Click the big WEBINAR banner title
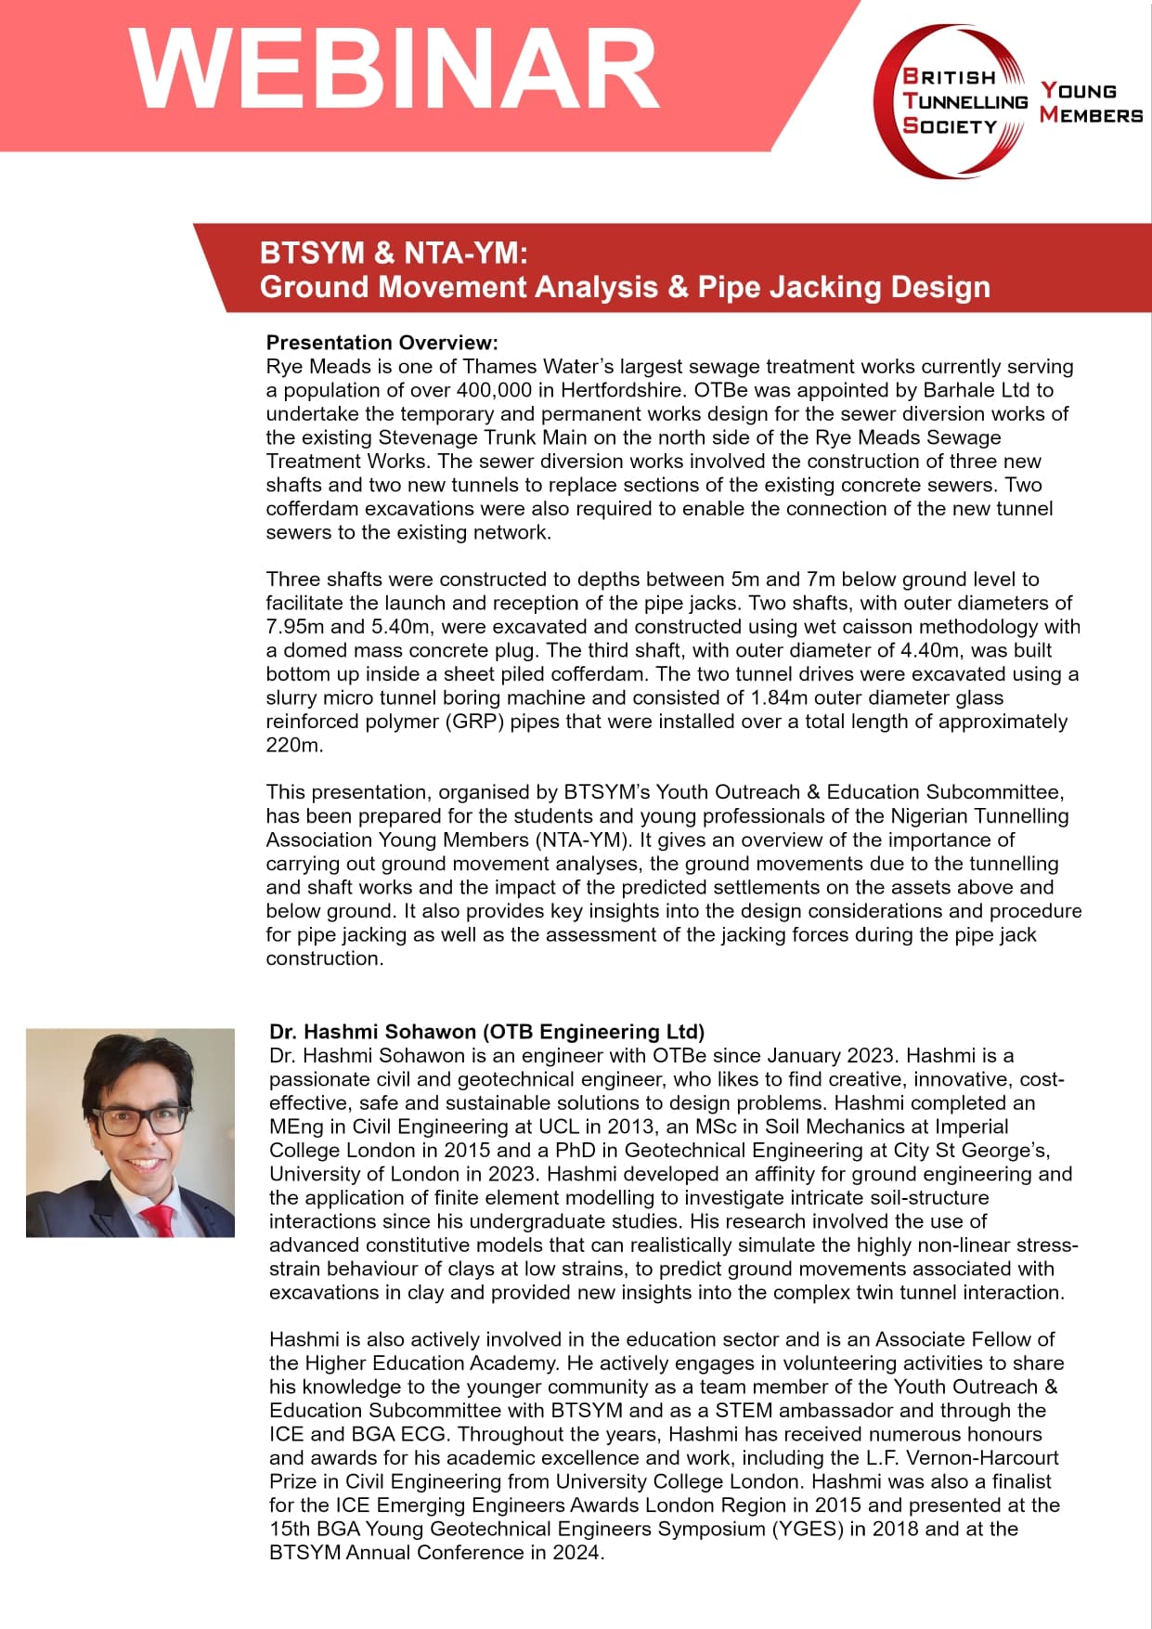coord(395,70)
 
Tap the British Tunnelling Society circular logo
coord(951,100)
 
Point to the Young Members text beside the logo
coord(1090,103)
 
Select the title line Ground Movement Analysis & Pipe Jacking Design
coord(625,287)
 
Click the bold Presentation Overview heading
coord(382,343)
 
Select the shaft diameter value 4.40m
coord(935,650)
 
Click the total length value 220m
coord(293,745)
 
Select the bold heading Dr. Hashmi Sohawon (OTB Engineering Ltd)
coord(486,1032)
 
